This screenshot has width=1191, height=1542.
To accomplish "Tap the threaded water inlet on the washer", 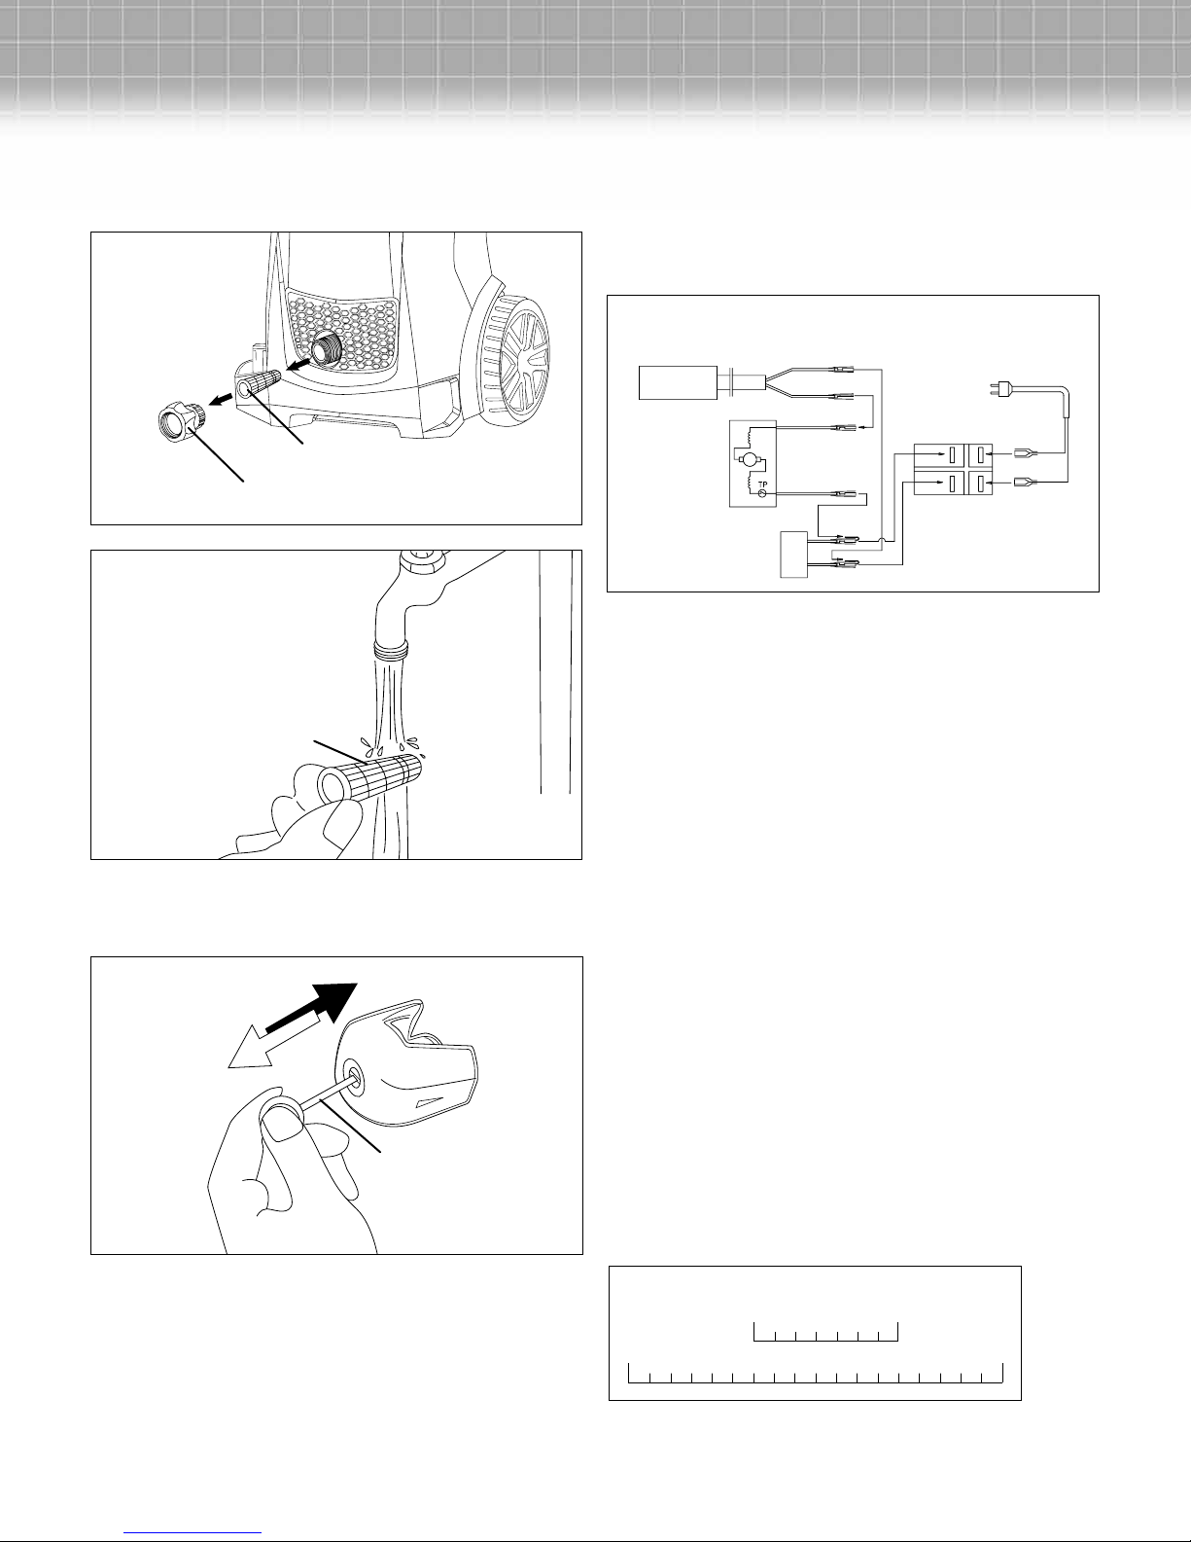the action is pyautogui.click(x=328, y=348).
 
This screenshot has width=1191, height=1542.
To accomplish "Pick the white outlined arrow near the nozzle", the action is pyautogui.click(x=274, y=1042).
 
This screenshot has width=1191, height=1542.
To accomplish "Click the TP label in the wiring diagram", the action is pyautogui.click(x=763, y=484).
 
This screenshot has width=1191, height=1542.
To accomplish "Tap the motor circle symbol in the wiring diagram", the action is pyautogui.click(x=749, y=461).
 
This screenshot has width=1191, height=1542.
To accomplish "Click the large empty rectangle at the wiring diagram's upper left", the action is pyautogui.click(x=678, y=383).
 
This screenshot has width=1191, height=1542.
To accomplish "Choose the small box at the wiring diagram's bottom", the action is pyautogui.click(x=794, y=555).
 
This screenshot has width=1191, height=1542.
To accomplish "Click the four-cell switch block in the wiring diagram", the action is pyautogui.click(x=953, y=469).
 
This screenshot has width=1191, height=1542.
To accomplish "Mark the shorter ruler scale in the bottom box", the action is pyautogui.click(x=825, y=1332).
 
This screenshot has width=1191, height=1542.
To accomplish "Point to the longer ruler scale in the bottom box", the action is pyautogui.click(x=816, y=1373).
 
